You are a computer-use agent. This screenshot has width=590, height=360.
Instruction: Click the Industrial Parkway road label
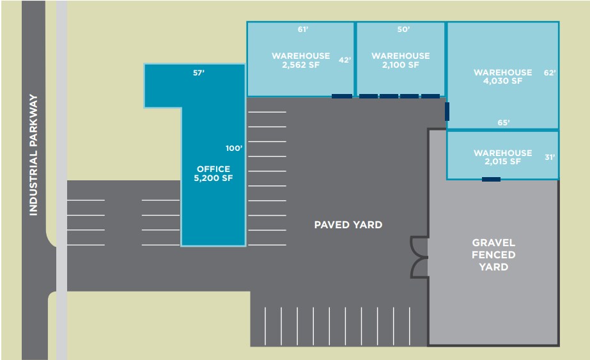pos(33,155)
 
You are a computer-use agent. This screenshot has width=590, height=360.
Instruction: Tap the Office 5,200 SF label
pos(213,173)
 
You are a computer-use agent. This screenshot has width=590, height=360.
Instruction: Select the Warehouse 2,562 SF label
pos(300,60)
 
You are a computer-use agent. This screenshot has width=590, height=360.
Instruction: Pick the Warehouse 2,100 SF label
pos(401,60)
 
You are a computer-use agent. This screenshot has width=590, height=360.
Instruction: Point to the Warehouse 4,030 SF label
pos(502,77)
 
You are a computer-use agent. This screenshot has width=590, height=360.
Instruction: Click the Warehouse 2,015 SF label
pos(502,157)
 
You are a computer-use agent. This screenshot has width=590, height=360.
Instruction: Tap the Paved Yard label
pos(348,225)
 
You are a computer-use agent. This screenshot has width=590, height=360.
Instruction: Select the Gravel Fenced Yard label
pos(493,254)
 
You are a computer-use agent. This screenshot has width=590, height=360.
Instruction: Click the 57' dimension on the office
pos(199,73)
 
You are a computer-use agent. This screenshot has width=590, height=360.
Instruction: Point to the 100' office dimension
pos(234,148)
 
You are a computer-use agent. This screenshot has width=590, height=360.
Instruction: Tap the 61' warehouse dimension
pos(303,29)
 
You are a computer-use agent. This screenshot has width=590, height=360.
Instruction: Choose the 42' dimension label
pos(345,60)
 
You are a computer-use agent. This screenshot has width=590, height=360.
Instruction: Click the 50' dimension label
pos(403,29)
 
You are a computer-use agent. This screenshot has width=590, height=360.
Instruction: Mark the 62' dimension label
pos(550,73)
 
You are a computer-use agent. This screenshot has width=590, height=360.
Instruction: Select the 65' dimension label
pos(504,123)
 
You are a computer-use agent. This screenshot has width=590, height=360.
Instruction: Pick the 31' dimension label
pos(550,157)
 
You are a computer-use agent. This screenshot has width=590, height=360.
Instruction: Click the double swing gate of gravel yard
pos(419,258)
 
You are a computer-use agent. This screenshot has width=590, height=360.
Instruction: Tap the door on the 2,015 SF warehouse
pos(491,179)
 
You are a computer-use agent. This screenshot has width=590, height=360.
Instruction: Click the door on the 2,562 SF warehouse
pos(341,97)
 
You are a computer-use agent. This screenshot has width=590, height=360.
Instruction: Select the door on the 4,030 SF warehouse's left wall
pos(447,111)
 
